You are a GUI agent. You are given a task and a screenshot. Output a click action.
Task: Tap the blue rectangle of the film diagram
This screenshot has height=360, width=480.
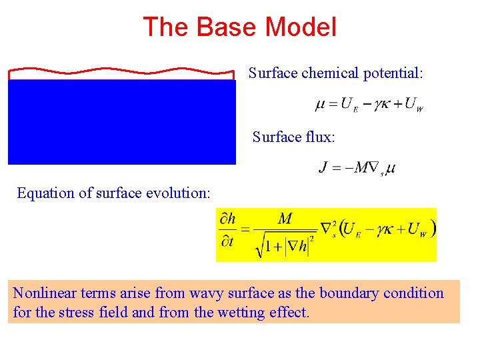pyautogui.click(x=121, y=121)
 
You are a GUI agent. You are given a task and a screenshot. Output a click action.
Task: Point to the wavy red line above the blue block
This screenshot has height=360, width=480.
pyautogui.click(x=121, y=70)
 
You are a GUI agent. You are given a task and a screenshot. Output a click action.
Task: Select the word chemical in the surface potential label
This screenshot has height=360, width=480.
pyautogui.click(x=330, y=73)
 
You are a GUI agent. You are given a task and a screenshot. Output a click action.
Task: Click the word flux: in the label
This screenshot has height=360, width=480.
pyautogui.click(x=321, y=137)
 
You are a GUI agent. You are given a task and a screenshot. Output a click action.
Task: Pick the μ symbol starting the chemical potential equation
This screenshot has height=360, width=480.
pyautogui.click(x=319, y=105)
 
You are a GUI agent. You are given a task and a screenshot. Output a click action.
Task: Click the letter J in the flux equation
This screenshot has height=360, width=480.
pyautogui.click(x=323, y=167)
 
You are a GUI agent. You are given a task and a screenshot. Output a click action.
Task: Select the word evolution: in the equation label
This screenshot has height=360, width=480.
pyautogui.click(x=179, y=193)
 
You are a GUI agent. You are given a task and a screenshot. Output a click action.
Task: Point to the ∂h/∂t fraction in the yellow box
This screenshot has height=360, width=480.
pyautogui.click(x=227, y=230)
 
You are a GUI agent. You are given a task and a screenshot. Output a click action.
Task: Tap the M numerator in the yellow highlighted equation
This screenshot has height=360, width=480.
pyautogui.click(x=285, y=219)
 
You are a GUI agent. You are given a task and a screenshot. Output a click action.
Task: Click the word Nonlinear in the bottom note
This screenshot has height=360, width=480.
pyautogui.click(x=43, y=293)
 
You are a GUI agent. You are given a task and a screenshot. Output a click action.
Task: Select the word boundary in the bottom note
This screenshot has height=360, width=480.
pyautogui.click(x=347, y=293)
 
